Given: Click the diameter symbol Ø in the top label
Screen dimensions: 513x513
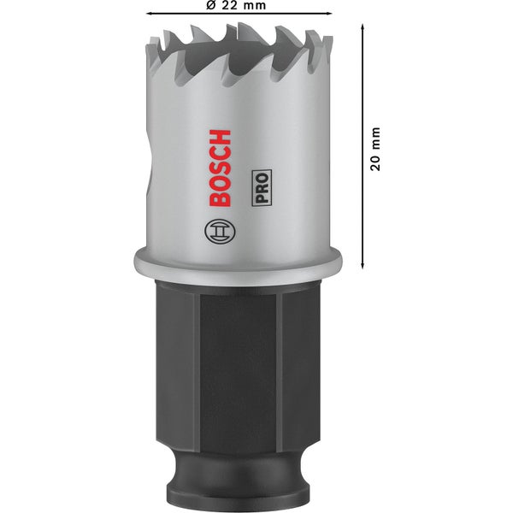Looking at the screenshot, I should point(210,6).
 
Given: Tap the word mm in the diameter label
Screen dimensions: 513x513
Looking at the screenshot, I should point(252,6).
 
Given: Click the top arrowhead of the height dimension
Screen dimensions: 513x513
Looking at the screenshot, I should point(364,28).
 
